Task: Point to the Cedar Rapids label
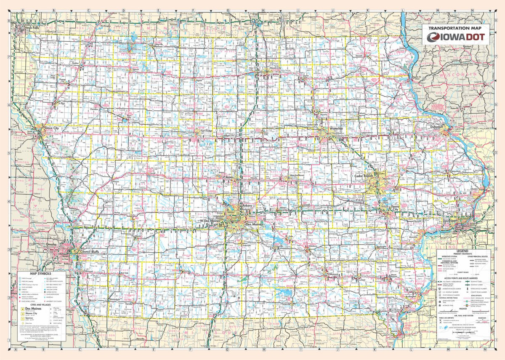pos(364,176)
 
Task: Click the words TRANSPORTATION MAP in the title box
pos(456,28)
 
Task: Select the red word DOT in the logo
pos(475,37)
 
